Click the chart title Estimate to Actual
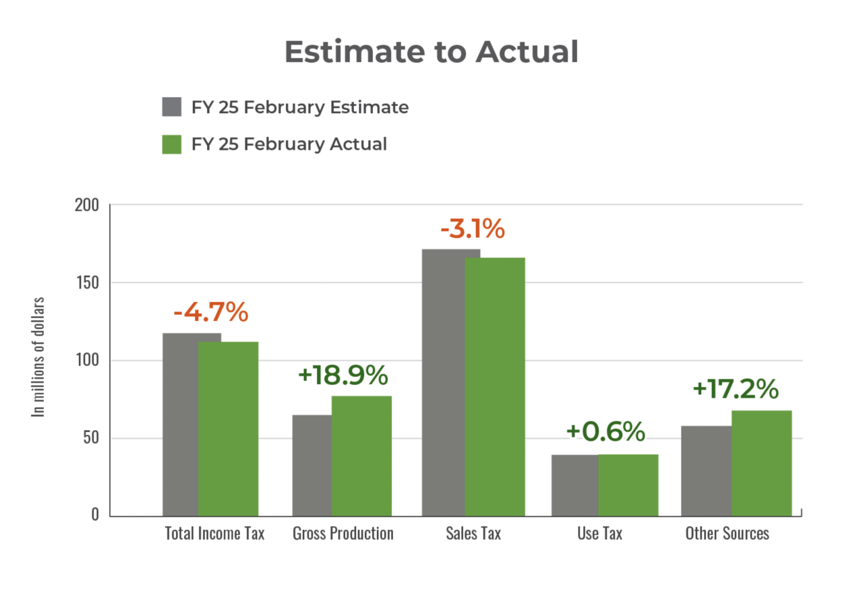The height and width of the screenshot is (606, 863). click(431, 52)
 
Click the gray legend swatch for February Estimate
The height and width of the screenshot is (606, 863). click(172, 107)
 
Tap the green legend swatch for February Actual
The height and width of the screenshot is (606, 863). click(172, 144)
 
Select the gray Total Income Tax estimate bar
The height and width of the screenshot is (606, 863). click(180, 425)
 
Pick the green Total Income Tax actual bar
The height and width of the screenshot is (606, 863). click(229, 429)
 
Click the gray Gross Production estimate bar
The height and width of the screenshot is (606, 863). click(311, 465)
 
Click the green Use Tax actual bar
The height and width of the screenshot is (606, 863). click(628, 485)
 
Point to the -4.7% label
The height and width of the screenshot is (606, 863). click(211, 313)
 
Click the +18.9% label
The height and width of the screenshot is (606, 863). click(343, 375)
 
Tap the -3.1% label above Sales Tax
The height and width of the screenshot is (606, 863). click(473, 229)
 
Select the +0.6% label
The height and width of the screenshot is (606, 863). click(605, 432)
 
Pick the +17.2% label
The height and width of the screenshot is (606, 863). click(736, 390)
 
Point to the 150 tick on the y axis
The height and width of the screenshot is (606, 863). click(86, 282)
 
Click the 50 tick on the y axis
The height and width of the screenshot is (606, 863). click(90, 438)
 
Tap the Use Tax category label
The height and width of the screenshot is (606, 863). click(600, 534)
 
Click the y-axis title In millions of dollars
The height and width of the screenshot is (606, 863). click(40, 357)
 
